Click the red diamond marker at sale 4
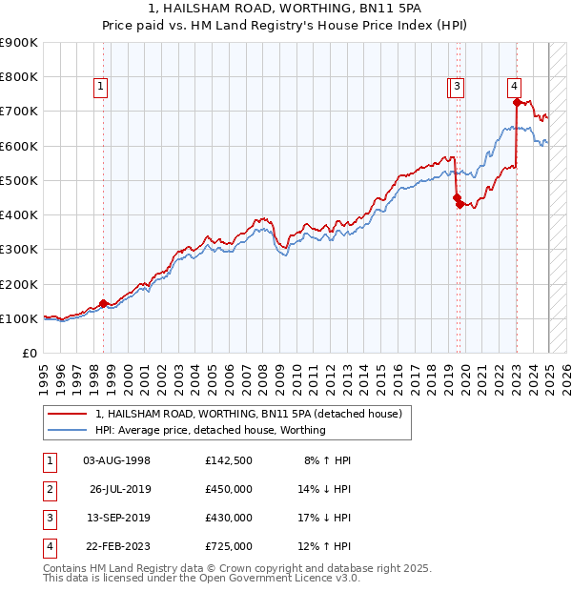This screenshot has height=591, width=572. (516, 102)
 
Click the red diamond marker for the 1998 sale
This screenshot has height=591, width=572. (103, 304)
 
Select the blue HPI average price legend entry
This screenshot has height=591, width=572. (211, 430)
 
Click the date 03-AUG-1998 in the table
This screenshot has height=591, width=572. (116, 460)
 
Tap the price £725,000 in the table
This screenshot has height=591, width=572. (229, 546)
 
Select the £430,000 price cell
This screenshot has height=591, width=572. (229, 518)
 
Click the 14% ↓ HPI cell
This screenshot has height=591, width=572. (325, 489)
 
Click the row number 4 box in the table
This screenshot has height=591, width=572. (49, 546)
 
